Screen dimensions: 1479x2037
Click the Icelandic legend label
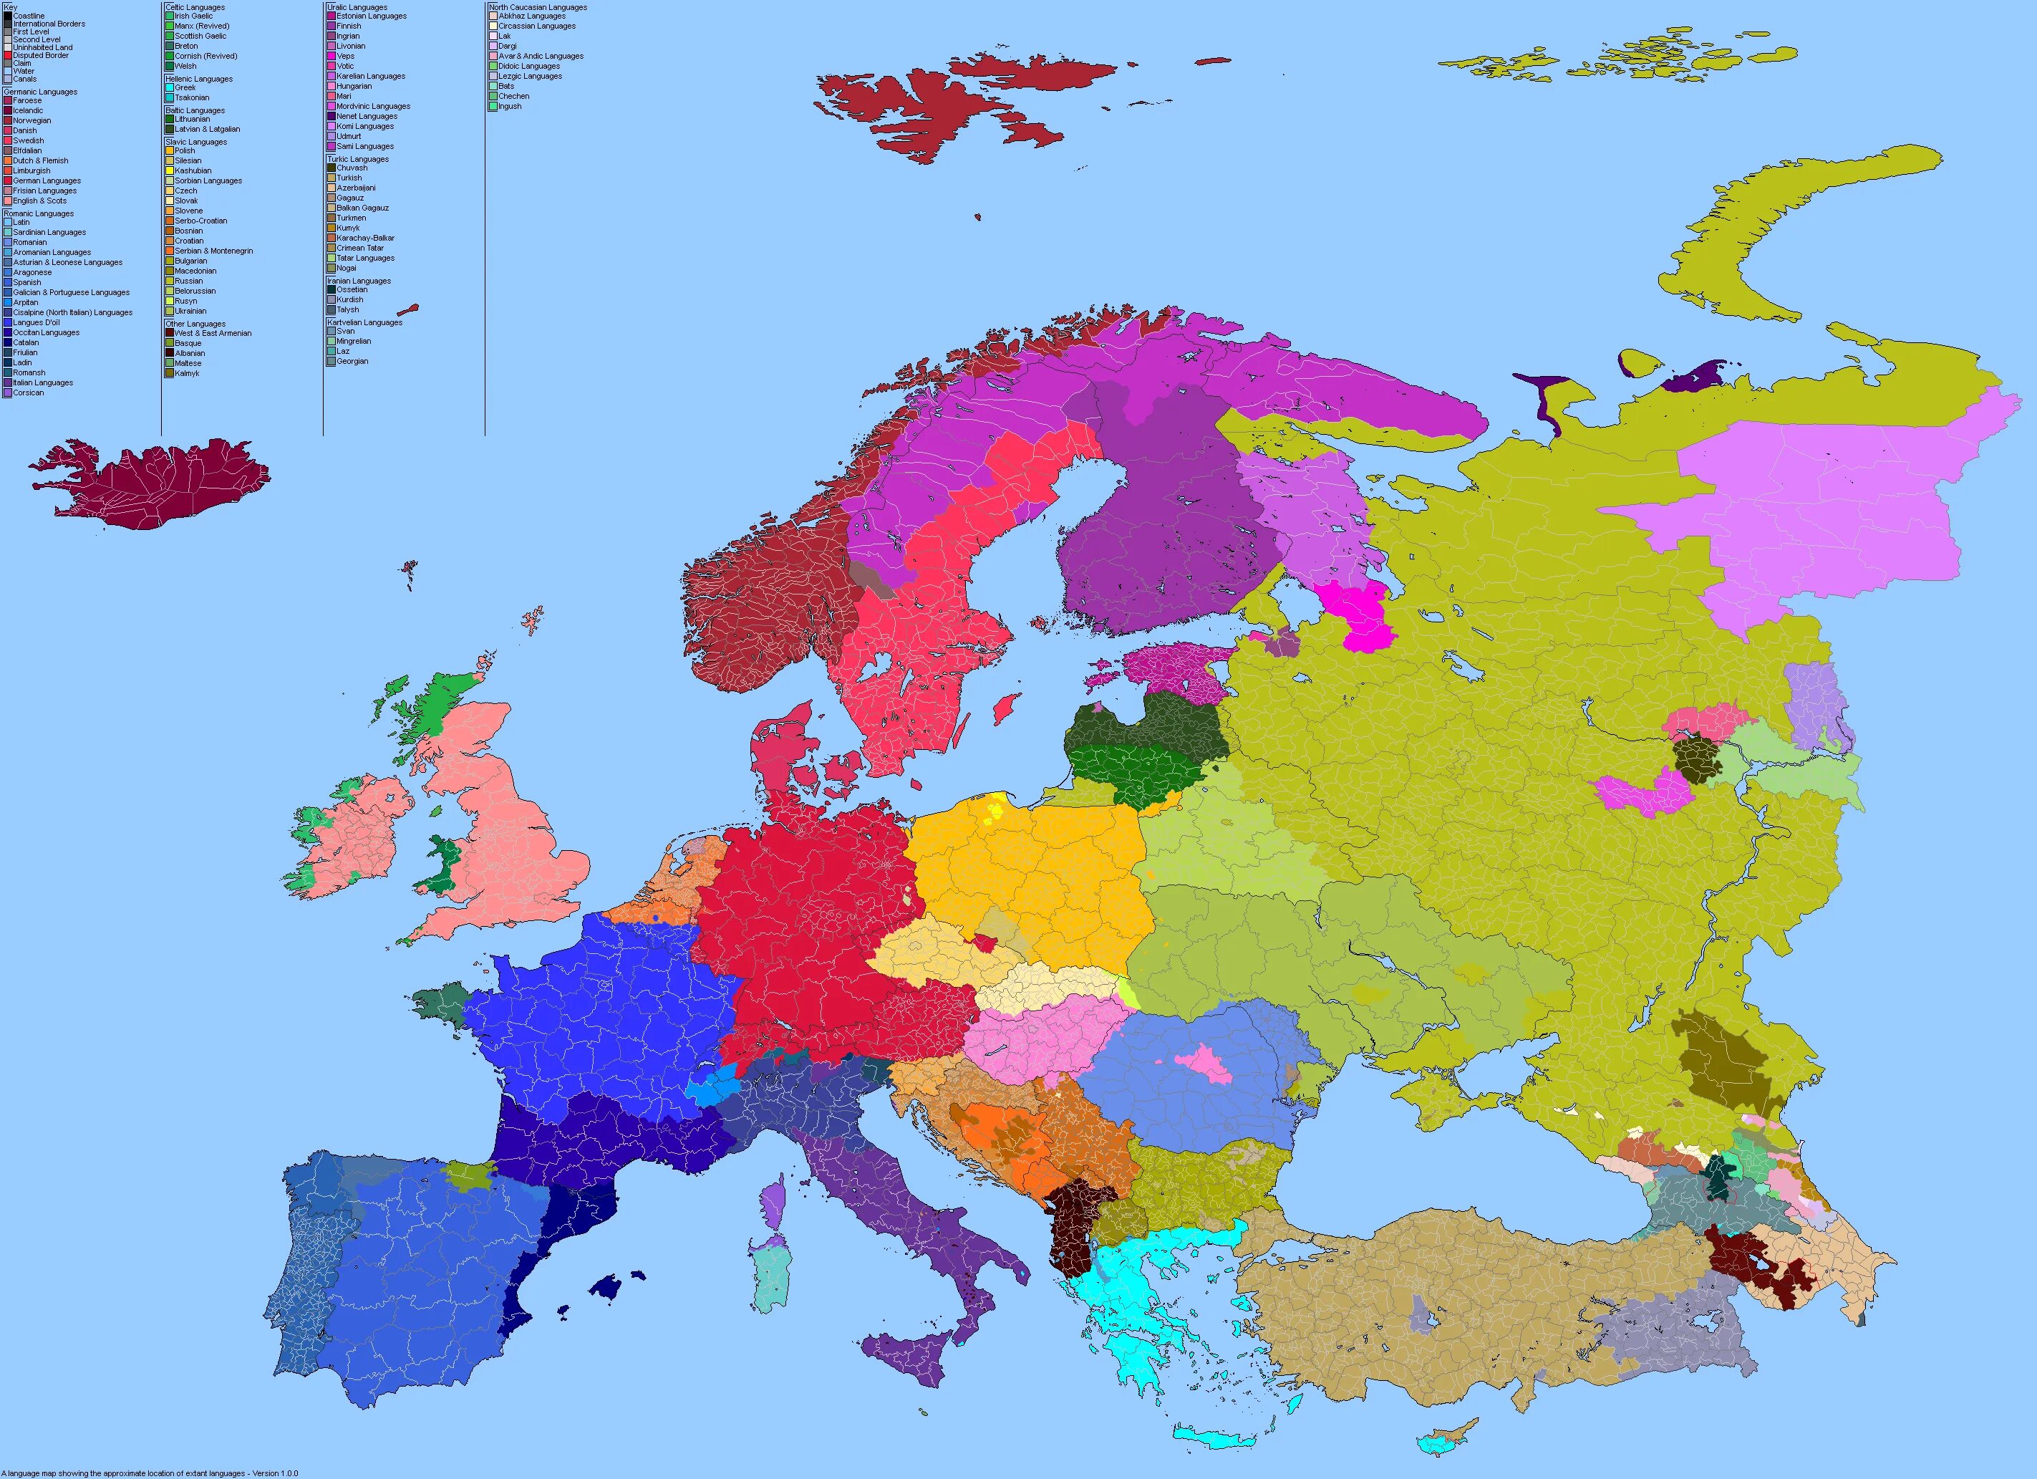point(28,110)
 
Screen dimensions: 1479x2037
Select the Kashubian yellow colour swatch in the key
point(170,170)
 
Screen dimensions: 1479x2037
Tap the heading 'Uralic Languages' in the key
point(357,7)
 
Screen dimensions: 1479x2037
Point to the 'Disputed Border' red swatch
point(8,56)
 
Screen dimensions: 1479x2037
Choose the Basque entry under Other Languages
point(188,343)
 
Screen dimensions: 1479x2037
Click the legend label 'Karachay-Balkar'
point(364,238)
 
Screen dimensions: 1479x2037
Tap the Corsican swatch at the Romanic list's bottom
point(8,392)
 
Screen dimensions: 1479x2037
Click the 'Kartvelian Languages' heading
point(364,322)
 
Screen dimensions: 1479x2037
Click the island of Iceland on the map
point(153,485)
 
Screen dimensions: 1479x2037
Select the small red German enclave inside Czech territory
point(985,943)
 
